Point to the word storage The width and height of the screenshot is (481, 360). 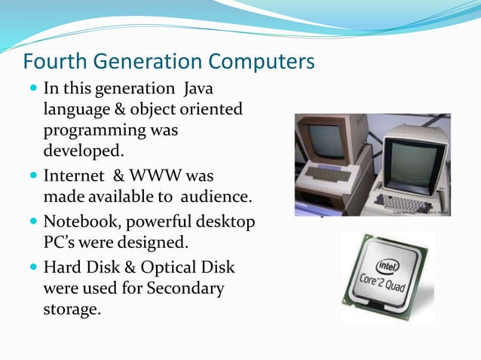point(72,308)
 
